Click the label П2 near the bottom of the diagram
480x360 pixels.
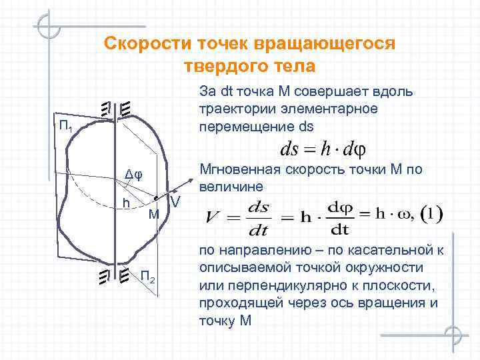pyautogui.click(x=148, y=276)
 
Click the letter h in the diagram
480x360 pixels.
pyautogui.click(x=125, y=201)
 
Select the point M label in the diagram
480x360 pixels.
pyautogui.click(x=153, y=214)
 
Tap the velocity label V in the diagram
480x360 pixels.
pyautogui.click(x=175, y=202)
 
